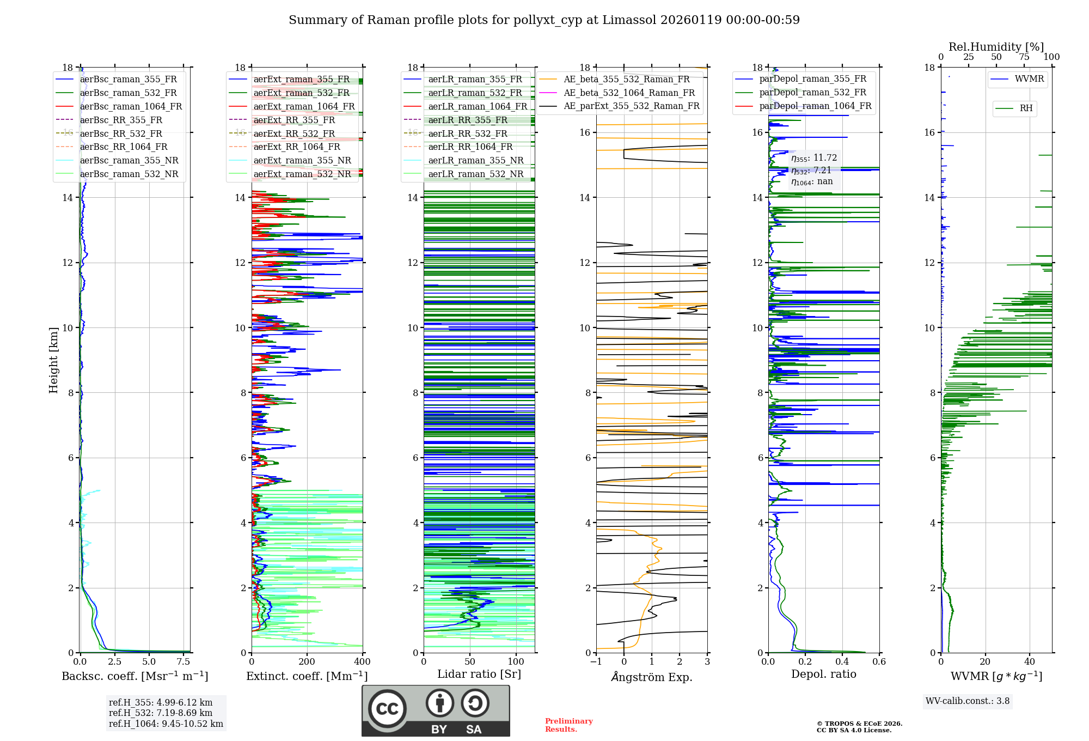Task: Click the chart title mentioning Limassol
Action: tap(544, 20)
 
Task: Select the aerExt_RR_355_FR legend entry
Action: tap(294, 120)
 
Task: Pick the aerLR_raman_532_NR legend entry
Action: tap(475, 174)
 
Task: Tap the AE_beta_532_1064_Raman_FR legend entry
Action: tap(629, 93)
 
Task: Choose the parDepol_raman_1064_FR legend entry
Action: tap(815, 106)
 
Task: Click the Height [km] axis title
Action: tap(53, 360)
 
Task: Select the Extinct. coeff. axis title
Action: tap(307, 676)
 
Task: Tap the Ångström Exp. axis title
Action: tap(652, 677)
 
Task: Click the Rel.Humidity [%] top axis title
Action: tap(996, 47)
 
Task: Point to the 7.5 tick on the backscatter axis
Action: tap(183, 662)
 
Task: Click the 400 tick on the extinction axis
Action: tap(362, 662)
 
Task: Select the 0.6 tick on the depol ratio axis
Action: tap(879, 662)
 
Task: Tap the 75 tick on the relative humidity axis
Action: tap(1024, 57)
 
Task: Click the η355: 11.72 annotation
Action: tap(814, 158)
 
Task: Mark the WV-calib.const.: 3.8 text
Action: tap(968, 701)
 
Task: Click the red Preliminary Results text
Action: tap(568, 725)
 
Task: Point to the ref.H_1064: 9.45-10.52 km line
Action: tap(166, 724)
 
